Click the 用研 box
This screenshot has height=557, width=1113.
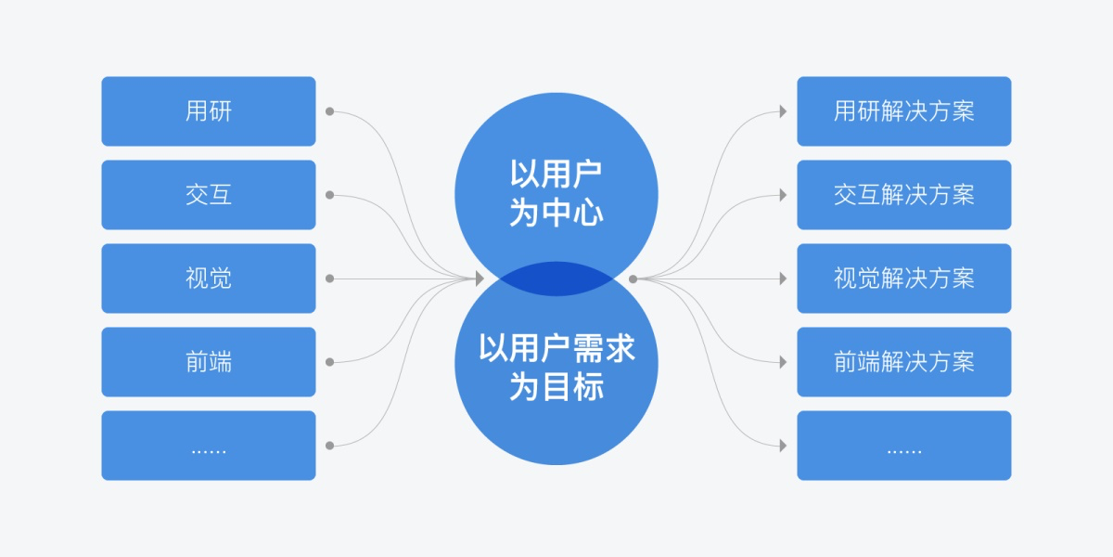click(x=208, y=111)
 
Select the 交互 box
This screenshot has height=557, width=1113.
click(x=208, y=195)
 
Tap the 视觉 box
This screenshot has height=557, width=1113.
click(x=208, y=278)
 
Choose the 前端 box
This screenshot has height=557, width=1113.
click(x=208, y=362)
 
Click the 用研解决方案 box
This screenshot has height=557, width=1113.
click(x=903, y=111)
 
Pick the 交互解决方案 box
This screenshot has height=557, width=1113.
click(x=903, y=195)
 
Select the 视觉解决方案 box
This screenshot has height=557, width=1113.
click(x=903, y=278)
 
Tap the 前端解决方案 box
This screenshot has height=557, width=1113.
click(x=903, y=362)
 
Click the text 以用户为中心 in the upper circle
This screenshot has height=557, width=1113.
click(x=556, y=193)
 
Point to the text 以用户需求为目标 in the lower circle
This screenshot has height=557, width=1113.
click(x=556, y=367)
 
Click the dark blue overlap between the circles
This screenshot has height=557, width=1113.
click(x=556, y=279)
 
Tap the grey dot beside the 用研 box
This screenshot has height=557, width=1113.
click(x=329, y=111)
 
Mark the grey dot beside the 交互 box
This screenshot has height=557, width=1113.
click(x=329, y=195)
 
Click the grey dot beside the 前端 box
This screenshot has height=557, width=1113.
click(x=329, y=362)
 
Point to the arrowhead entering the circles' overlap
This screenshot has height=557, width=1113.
click(x=480, y=278)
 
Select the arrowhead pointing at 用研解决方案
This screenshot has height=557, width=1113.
click(x=783, y=111)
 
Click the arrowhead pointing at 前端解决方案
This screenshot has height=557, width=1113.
click(x=783, y=362)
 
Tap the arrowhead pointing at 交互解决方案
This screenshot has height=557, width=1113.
click(x=783, y=195)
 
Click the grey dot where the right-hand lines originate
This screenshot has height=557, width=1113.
click(x=633, y=278)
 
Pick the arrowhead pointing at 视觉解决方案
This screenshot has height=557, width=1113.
click(x=783, y=278)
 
